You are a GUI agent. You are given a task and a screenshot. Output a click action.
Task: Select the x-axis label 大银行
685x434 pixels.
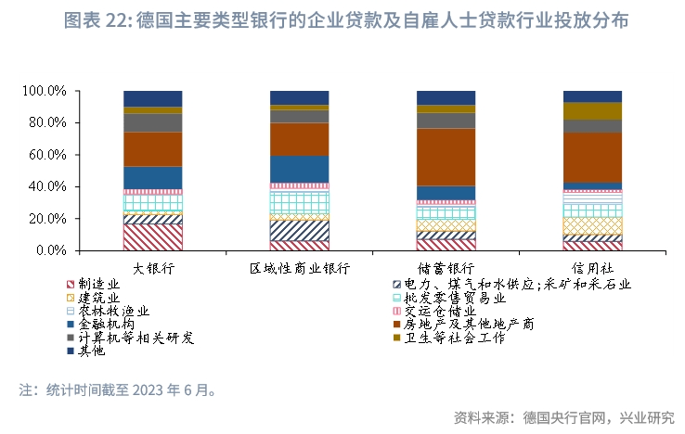click(x=153, y=268)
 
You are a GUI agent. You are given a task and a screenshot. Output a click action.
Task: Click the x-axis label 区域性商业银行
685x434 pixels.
click(x=299, y=268)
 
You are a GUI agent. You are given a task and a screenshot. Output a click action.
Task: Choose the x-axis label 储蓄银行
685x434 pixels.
click(x=446, y=268)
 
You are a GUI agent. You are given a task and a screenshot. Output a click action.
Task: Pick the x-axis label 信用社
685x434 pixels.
click(x=592, y=268)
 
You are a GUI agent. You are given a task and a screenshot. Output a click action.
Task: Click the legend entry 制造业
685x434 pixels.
click(x=97, y=285)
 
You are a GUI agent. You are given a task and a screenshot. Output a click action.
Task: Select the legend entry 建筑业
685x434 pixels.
click(x=97, y=299)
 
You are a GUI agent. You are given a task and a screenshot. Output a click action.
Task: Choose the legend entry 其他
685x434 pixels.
click(x=91, y=351)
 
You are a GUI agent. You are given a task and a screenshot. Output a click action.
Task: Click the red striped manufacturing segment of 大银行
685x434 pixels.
click(x=153, y=237)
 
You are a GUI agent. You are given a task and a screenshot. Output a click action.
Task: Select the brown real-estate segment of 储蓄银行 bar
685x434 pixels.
click(x=446, y=157)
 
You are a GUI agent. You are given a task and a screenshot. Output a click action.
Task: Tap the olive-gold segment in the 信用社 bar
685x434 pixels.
click(x=592, y=110)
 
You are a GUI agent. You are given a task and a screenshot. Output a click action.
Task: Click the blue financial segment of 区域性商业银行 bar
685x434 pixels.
click(x=299, y=168)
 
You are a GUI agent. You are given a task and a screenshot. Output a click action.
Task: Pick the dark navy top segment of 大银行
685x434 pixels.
click(x=153, y=98)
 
